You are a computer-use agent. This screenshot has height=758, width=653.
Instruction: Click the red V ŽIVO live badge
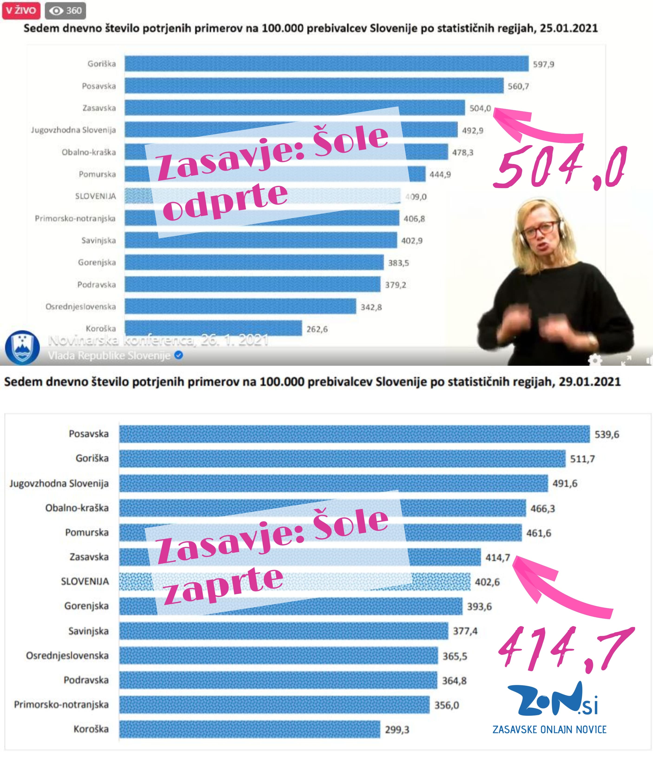coord(21,10)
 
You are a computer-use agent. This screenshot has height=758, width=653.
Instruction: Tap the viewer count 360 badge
coord(66,10)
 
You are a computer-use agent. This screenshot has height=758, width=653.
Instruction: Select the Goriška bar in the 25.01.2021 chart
coord(326,64)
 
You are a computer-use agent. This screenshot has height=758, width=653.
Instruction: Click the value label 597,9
coord(543,64)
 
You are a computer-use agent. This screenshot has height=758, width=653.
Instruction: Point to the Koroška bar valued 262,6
coord(213,328)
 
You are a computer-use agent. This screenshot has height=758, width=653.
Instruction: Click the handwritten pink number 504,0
coord(560,167)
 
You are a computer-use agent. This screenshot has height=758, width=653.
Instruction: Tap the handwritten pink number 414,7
coord(566,649)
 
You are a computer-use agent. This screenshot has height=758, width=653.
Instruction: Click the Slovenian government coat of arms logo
coord(22,347)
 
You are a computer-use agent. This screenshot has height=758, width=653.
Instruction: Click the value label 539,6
coord(607,434)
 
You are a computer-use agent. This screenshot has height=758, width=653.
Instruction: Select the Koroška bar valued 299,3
coord(249,729)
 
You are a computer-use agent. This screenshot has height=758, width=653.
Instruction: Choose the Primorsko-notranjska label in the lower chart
coord(61,705)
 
